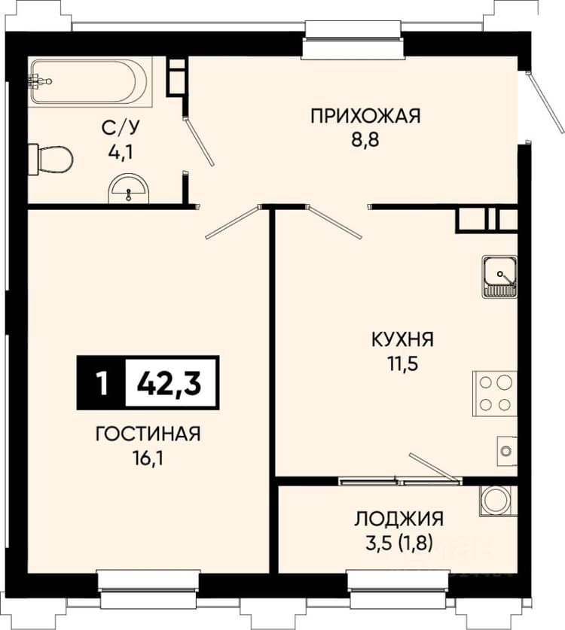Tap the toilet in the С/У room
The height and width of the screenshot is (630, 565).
click(50, 160)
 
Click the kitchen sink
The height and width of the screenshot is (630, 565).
click(499, 276)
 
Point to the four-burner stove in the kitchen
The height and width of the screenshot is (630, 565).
click(495, 394)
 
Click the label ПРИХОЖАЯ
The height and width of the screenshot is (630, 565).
click(365, 116)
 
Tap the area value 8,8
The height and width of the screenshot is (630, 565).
click(365, 140)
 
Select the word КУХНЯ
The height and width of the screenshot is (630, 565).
click(402, 339)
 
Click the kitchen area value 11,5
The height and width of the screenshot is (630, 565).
click(403, 364)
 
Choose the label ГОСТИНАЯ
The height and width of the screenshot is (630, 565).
click(148, 434)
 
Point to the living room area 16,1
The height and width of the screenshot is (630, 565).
click(148, 458)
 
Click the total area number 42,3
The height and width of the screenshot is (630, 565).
click(169, 383)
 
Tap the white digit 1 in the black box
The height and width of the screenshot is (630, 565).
click(102, 383)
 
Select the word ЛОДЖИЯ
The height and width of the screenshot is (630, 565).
click(399, 519)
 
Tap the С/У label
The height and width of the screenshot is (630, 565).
click(121, 128)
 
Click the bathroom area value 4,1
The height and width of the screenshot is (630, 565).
click(121, 152)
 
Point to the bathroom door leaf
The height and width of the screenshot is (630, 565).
click(200, 142)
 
